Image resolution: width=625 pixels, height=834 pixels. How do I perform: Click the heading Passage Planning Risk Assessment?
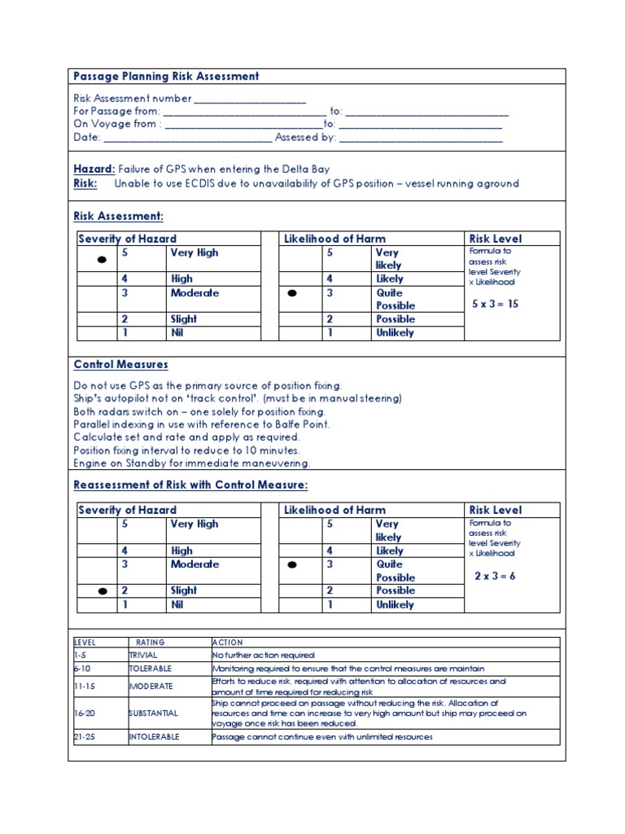[x=166, y=77]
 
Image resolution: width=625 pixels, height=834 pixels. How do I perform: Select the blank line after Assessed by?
[x=421, y=138]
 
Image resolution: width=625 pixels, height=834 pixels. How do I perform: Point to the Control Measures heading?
[x=120, y=365]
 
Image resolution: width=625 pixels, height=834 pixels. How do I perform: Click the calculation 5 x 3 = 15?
[x=495, y=303]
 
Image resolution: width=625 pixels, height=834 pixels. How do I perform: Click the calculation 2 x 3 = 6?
[x=495, y=575]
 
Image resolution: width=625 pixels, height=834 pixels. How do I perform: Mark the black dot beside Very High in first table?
[x=102, y=260]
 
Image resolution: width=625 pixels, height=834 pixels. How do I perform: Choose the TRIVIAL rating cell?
[x=143, y=655]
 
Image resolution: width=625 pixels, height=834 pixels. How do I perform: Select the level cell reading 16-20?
[x=85, y=713]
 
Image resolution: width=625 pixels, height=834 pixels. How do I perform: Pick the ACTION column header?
[x=228, y=642]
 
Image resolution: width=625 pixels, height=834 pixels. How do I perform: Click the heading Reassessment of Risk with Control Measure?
[x=191, y=485]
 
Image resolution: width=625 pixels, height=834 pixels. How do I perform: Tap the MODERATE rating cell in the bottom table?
[x=151, y=686]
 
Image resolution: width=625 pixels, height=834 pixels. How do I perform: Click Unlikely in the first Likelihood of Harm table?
[x=395, y=332]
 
